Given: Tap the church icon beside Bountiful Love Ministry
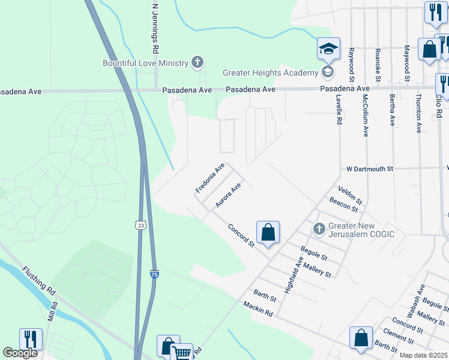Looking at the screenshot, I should click(196, 62).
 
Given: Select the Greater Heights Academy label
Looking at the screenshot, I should click(270, 73).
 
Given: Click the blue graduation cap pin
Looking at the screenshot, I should click(329, 49).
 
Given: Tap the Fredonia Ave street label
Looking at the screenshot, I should click(209, 178).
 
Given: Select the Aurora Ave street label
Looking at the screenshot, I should click(229, 196).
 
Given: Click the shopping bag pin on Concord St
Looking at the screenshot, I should click(268, 233).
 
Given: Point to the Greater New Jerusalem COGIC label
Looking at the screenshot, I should click(361, 229).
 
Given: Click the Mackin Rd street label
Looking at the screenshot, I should click(258, 309).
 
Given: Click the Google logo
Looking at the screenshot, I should click(20, 352).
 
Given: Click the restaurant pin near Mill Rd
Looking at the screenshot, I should click(31, 340).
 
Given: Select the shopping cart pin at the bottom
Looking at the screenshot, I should click(182, 353).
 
